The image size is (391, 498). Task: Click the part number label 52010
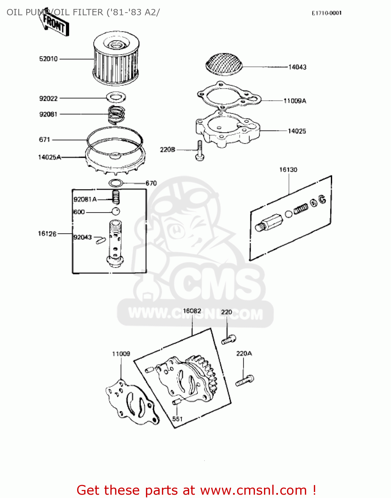coord(49,59)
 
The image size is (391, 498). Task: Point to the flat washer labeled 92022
coord(116,98)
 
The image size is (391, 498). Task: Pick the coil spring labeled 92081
coord(116,114)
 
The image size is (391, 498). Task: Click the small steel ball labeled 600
coord(115,211)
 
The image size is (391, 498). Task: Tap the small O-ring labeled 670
coord(116,183)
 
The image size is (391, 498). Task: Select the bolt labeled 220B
coord(199,151)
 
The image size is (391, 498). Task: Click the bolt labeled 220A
coord(245,380)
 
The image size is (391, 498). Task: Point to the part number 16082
coord(192,311)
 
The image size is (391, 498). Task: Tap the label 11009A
coord(295,101)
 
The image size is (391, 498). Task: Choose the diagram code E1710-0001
coord(326,13)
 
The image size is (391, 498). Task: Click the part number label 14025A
coord(50,157)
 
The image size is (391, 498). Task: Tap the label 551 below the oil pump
coord(177,419)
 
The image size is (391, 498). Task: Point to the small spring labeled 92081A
coord(116,198)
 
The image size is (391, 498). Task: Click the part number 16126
coord(47,234)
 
